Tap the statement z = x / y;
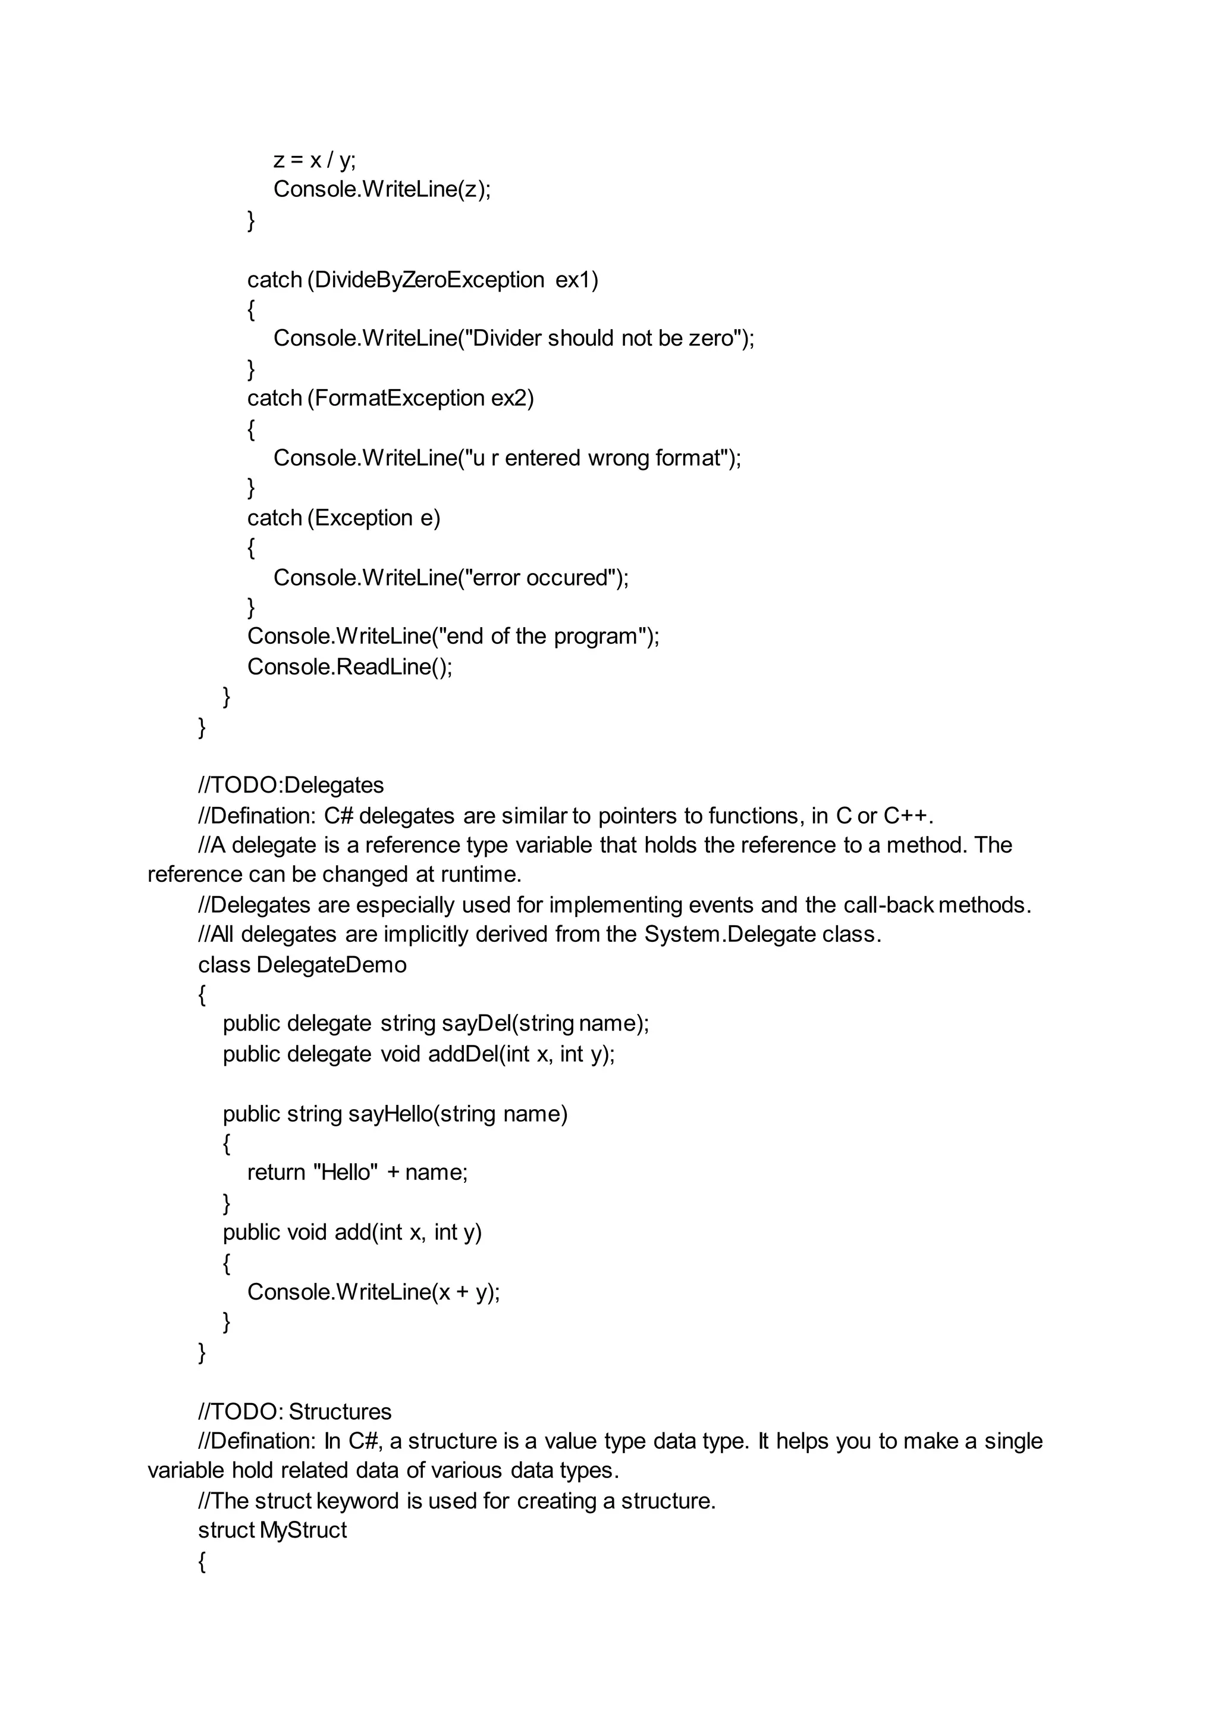click(x=314, y=160)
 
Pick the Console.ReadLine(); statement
click(x=350, y=666)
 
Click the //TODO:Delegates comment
click(x=291, y=785)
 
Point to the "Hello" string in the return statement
click(x=345, y=1172)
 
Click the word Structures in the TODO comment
click(x=340, y=1411)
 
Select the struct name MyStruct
click(x=303, y=1530)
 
